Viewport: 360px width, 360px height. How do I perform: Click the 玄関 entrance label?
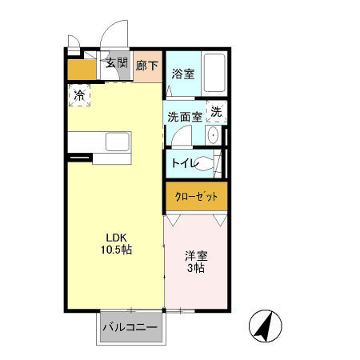tap(116, 63)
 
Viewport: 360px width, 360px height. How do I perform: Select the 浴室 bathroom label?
tap(183, 74)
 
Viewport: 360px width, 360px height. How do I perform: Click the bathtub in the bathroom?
tap(214, 73)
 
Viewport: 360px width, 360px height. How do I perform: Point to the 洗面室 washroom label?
tap(184, 116)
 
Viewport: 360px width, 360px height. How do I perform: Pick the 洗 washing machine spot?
tap(217, 112)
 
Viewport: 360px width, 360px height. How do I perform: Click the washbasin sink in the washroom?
tap(214, 137)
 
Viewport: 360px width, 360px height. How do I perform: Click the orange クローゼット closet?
tap(196, 196)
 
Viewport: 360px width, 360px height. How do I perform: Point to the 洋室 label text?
tap(196, 256)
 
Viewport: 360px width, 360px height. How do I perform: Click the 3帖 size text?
tap(196, 270)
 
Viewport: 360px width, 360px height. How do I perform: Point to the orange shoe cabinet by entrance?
tap(81, 70)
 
